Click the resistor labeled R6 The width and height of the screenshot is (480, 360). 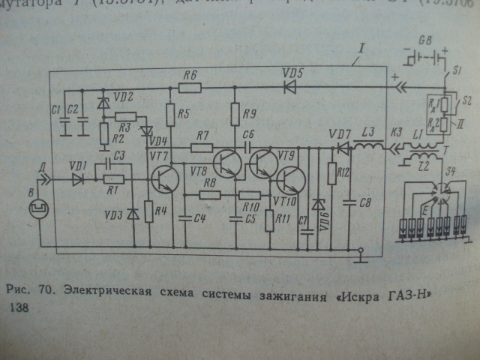pyautogui.click(x=190, y=87)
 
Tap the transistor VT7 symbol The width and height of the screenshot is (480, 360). pyautogui.click(x=164, y=177)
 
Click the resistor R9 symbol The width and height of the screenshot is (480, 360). pyautogui.click(x=234, y=115)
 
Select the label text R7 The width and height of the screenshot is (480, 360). pyautogui.click(x=200, y=136)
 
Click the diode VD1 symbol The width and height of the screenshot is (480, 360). pyautogui.click(x=78, y=180)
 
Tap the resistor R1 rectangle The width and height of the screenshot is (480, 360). pyautogui.click(x=113, y=180)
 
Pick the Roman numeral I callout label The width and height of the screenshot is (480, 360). pyautogui.click(x=363, y=49)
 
